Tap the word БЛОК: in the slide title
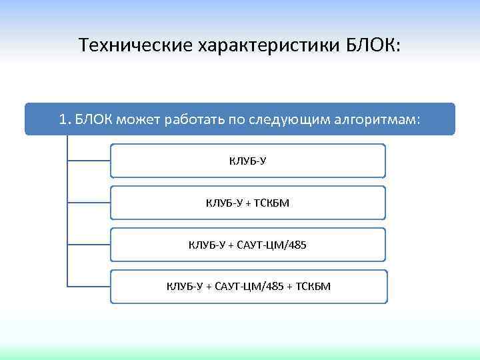tap(374, 45)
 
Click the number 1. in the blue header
tap(64, 119)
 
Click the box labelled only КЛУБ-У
tap(247, 161)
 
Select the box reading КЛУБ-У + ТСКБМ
tap(247, 203)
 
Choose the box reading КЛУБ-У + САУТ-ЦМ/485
tap(247, 245)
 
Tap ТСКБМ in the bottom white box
tap(313, 287)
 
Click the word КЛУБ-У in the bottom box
tap(184, 287)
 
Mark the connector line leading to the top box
tap(89, 161)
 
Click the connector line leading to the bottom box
tap(89, 287)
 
